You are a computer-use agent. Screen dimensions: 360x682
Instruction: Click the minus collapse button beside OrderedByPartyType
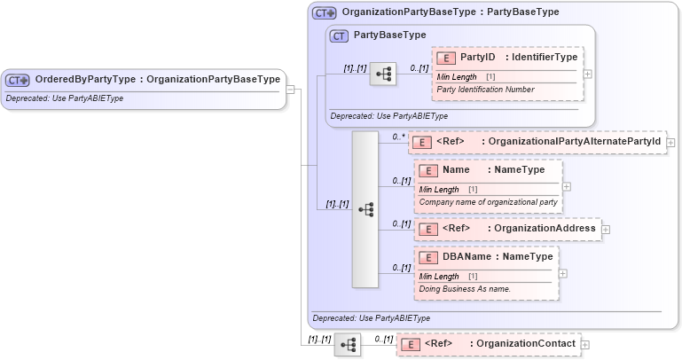tap(289, 89)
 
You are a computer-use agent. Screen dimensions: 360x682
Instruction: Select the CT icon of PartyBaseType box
tap(339, 36)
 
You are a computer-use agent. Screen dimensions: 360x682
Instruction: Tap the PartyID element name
tap(477, 58)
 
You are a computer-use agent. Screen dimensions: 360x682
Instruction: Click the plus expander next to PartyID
tap(587, 74)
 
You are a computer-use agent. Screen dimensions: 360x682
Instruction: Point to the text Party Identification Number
tap(485, 90)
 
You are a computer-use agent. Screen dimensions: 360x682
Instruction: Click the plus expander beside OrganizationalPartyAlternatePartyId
tap(670, 142)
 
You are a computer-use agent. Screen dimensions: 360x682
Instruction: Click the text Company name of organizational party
tap(488, 202)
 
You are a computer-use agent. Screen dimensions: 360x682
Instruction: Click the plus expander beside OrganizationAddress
tap(606, 229)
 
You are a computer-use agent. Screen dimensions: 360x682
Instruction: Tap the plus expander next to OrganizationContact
tap(585, 344)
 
